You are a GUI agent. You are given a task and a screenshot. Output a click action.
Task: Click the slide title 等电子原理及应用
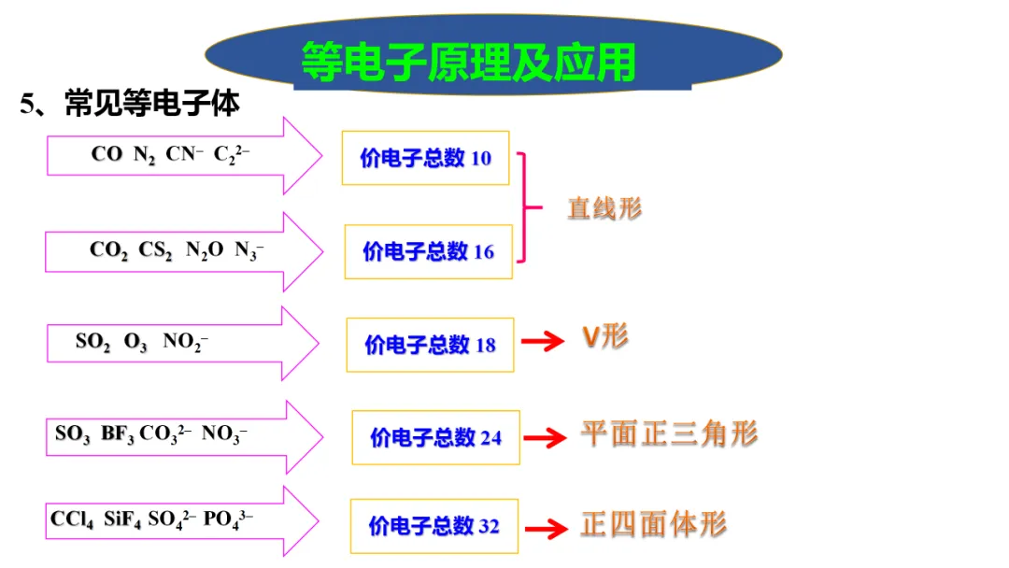coord(468,62)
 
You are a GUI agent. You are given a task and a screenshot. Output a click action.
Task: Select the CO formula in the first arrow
coord(107,154)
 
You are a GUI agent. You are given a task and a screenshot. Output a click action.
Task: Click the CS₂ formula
coord(156,250)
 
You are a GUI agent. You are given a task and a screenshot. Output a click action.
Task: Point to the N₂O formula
coord(205,250)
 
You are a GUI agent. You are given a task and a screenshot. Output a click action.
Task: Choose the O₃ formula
coord(135,342)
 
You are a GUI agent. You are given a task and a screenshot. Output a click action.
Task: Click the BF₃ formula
coord(118,434)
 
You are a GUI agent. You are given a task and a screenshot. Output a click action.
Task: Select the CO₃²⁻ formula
coord(166,434)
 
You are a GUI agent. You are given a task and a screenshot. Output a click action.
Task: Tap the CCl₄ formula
coord(72,518)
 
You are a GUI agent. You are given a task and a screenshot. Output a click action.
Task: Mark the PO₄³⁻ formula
coord(228,518)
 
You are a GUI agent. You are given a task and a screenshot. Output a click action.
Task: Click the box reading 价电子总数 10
coord(426,158)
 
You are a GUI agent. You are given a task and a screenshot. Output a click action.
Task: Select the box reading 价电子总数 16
coord(429,251)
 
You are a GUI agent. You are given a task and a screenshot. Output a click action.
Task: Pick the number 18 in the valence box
coord(486,345)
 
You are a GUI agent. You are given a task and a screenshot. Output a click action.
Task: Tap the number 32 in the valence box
coord(490,526)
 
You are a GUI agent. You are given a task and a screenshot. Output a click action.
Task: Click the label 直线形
coord(604,208)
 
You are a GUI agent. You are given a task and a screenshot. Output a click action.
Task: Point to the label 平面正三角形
coord(669,433)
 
